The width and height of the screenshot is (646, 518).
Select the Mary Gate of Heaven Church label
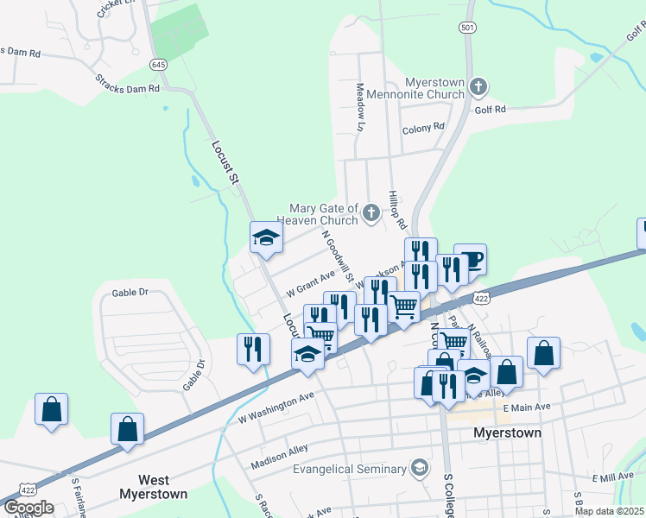(x=323, y=214)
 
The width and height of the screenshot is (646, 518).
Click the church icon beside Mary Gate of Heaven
(x=371, y=212)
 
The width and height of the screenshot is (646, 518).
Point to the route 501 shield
(x=467, y=28)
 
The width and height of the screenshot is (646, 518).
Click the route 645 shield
(x=158, y=65)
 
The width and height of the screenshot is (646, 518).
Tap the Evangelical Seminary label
(x=349, y=469)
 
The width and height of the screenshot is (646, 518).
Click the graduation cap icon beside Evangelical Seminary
(x=420, y=468)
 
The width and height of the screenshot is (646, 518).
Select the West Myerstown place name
(x=164, y=487)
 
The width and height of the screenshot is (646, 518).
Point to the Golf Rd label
(x=490, y=110)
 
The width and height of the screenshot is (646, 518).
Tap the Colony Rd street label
(x=423, y=128)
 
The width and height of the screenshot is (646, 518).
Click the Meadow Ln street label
(x=360, y=107)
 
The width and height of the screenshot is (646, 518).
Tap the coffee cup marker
(x=470, y=259)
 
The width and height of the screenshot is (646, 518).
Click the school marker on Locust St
(x=267, y=237)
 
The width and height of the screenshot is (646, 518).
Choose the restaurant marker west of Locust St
(x=253, y=350)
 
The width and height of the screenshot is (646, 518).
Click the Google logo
(x=28, y=508)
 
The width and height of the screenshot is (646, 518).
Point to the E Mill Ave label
(x=613, y=477)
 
